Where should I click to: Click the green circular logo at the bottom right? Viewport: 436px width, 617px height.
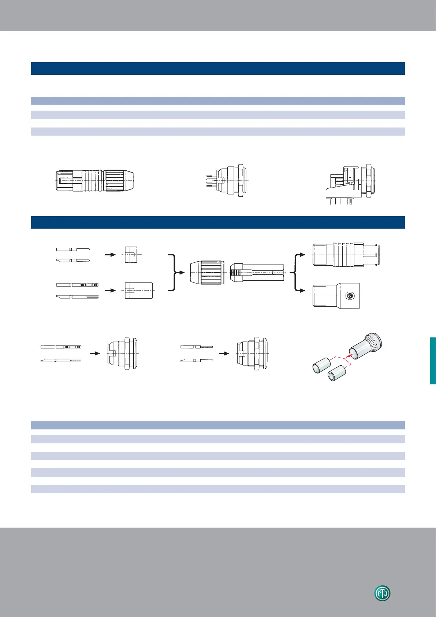click(382, 594)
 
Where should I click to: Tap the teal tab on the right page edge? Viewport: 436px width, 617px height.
click(433, 361)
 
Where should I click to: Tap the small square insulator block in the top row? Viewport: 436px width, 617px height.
click(131, 254)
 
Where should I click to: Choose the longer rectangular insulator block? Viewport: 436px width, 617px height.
click(138, 290)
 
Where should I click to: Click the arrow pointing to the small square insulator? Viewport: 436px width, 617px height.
click(110, 254)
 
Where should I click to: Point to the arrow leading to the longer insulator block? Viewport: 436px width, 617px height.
click(110, 290)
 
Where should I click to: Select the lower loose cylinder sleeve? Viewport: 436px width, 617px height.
click(337, 374)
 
